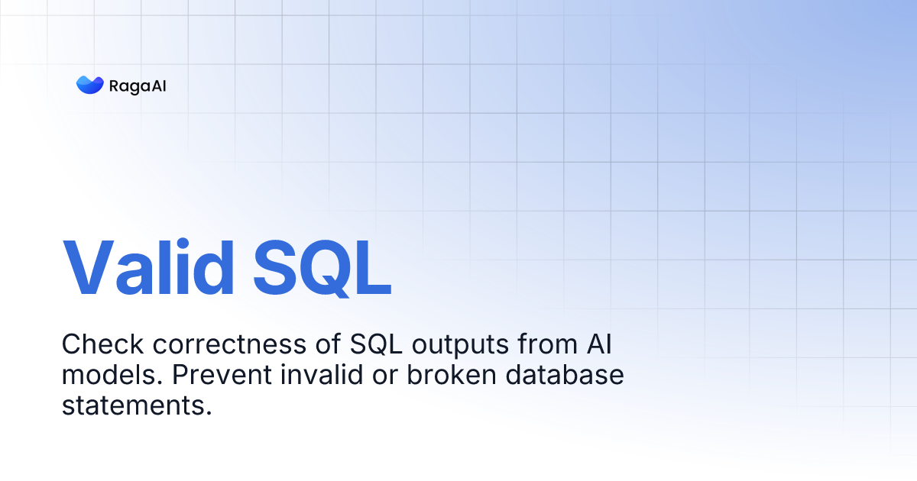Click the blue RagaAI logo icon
(89, 86)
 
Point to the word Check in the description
(103, 345)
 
